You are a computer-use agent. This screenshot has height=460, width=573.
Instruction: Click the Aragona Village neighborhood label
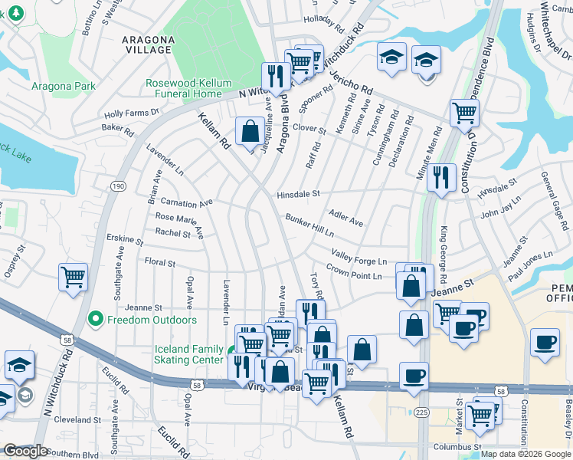(x=146, y=43)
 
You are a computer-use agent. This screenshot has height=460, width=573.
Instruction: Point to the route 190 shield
(x=117, y=186)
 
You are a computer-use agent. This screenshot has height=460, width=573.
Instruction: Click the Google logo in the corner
(x=25, y=451)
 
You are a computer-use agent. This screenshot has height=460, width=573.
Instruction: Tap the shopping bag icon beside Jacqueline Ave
(x=250, y=130)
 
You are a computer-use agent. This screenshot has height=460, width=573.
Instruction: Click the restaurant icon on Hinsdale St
(x=440, y=176)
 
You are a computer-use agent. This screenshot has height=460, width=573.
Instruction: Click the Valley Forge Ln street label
(x=359, y=257)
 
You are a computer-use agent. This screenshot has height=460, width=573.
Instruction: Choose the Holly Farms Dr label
(x=131, y=112)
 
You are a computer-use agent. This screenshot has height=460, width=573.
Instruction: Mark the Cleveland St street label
(x=67, y=419)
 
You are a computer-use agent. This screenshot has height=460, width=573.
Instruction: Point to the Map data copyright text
(x=526, y=454)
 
